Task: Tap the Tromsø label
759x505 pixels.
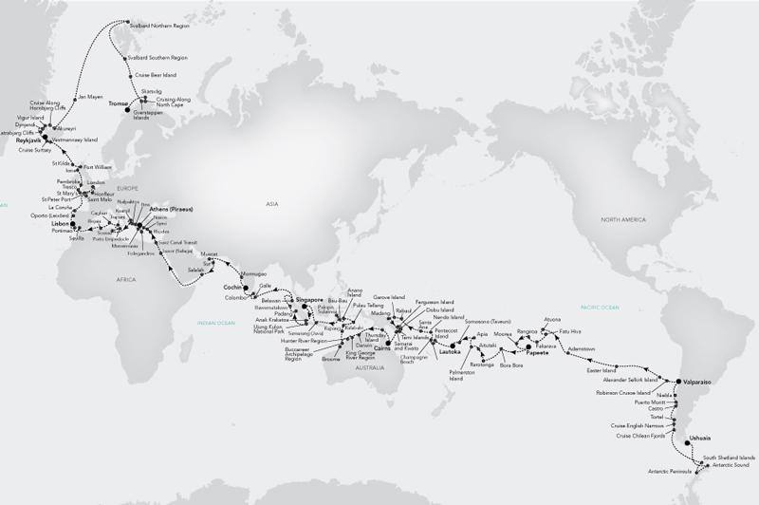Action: (118, 101)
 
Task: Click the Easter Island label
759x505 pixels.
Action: (602, 371)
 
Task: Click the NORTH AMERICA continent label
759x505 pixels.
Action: (618, 218)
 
